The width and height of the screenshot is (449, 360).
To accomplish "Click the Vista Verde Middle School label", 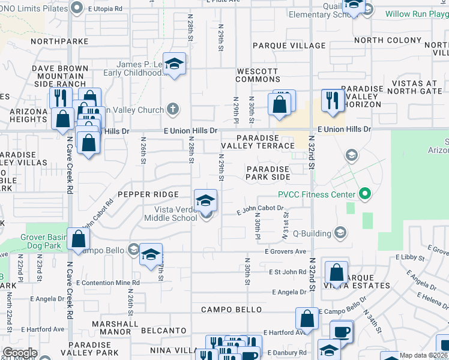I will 170,213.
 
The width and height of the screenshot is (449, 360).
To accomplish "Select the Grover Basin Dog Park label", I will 46,241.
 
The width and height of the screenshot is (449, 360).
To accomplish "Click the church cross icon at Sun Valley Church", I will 173,109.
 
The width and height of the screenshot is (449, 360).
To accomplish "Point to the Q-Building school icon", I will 340,232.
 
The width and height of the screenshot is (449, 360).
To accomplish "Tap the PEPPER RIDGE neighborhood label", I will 148,194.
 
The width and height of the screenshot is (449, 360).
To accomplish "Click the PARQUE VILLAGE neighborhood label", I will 289,46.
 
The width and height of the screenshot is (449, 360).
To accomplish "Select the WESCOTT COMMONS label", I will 258,75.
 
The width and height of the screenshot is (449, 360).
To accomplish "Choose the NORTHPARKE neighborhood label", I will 59,41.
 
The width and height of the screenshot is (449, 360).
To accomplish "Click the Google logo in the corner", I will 20,353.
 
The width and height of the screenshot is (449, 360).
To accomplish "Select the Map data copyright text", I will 423,355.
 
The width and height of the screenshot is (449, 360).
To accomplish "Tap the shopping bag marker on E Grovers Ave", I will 79,239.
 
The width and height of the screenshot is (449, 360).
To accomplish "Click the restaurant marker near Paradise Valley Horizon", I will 331,100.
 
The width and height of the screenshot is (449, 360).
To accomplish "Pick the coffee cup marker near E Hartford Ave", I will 342,332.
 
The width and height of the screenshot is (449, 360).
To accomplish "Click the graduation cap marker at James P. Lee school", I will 174,64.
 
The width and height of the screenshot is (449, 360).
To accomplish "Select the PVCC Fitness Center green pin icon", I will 364,193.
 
